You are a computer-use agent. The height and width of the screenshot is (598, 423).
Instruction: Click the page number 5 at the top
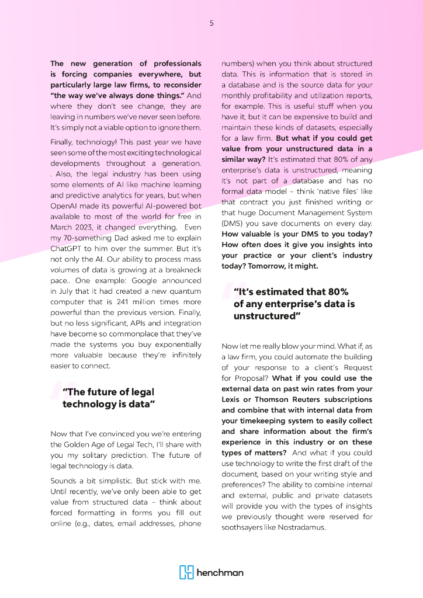point(211,23)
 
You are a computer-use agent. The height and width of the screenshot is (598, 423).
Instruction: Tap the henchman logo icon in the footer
point(186,572)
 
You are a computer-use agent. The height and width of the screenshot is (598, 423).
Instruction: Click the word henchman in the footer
point(220,573)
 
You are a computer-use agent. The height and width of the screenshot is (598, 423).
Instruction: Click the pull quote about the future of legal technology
point(108,398)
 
